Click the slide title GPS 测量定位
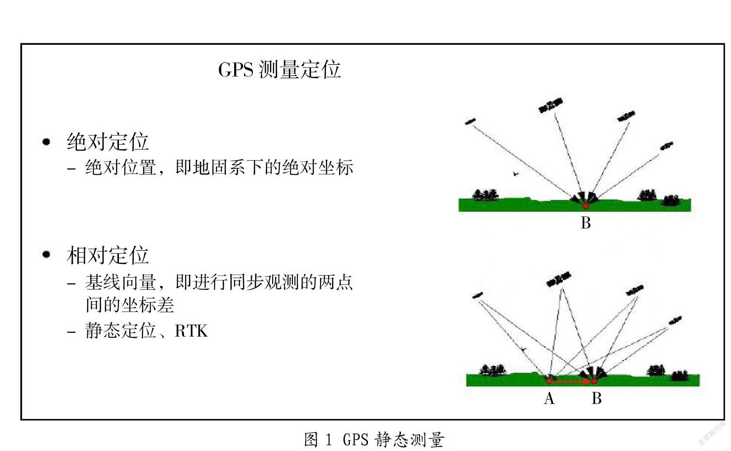[x=279, y=69]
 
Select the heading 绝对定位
[x=108, y=142]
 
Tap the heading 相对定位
[x=108, y=255]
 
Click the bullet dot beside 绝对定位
[x=47, y=142]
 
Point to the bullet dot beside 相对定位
[x=47, y=254]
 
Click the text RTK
[x=191, y=331]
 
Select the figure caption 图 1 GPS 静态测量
[x=374, y=440]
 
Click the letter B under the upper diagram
[x=586, y=223]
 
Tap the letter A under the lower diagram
[x=549, y=399]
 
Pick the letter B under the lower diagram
[x=597, y=399]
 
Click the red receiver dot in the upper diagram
[x=586, y=206]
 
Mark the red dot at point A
[x=549, y=381]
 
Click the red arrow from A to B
[x=571, y=381]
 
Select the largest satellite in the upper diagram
[x=551, y=105]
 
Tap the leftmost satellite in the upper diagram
[x=470, y=122]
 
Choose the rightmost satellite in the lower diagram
[x=675, y=320]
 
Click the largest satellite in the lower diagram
[x=559, y=279]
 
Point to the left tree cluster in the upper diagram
[x=485, y=195]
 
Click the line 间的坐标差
[x=130, y=305]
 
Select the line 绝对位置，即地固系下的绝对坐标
[x=219, y=167]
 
